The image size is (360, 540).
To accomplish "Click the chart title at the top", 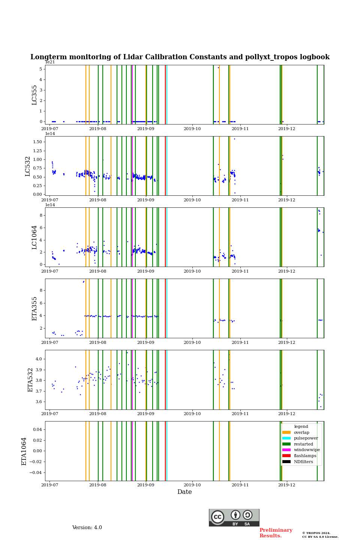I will coord(180,57).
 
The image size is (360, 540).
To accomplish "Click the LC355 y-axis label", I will coord(34,94).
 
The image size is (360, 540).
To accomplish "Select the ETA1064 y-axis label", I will coord(24,451).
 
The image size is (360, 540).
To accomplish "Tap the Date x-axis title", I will coord(184,492).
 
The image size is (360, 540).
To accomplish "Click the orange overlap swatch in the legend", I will coord(286,432).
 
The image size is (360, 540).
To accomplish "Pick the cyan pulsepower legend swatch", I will coord(286,438).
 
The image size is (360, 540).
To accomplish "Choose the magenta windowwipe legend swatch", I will coord(286,450).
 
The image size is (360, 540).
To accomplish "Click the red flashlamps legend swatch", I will coord(286,456).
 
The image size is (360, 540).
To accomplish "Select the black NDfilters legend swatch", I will coord(286,462).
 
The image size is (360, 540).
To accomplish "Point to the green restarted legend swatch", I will coord(286,444).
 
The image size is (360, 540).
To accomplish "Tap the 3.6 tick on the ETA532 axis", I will coord(39,402).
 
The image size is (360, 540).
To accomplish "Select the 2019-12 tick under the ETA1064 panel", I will coord(287,485).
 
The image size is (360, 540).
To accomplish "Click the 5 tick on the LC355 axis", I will coord(40,69).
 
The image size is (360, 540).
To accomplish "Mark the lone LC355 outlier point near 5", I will coord(218,67).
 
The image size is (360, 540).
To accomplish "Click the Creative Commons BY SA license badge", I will coord(234,517).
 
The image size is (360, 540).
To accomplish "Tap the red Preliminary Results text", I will coord(276,533).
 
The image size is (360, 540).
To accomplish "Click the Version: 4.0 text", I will coord(87,528).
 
